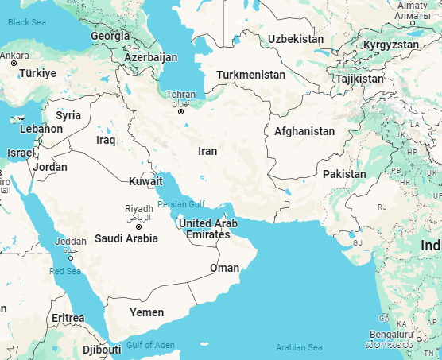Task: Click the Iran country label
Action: click(207, 151)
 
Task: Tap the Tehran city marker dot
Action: click(181, 111)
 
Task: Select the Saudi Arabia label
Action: click(126, 238)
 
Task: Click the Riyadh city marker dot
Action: click(138, 226)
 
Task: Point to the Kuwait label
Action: click(146, 181)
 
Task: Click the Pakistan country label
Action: click(344, 174)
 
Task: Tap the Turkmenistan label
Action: click(250, 75)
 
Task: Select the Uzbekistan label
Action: click(296, 39)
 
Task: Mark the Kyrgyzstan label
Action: click(390, 45)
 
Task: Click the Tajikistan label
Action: click(359, 79)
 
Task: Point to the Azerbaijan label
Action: click(150, 58)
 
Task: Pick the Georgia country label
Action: click(110, 36)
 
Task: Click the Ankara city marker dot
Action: click(14, 63)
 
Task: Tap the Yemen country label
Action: click(147, 312)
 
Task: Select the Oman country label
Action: click(224, 268)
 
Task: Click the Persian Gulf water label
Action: click(181, 204)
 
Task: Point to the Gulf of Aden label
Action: click(149, 344)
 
